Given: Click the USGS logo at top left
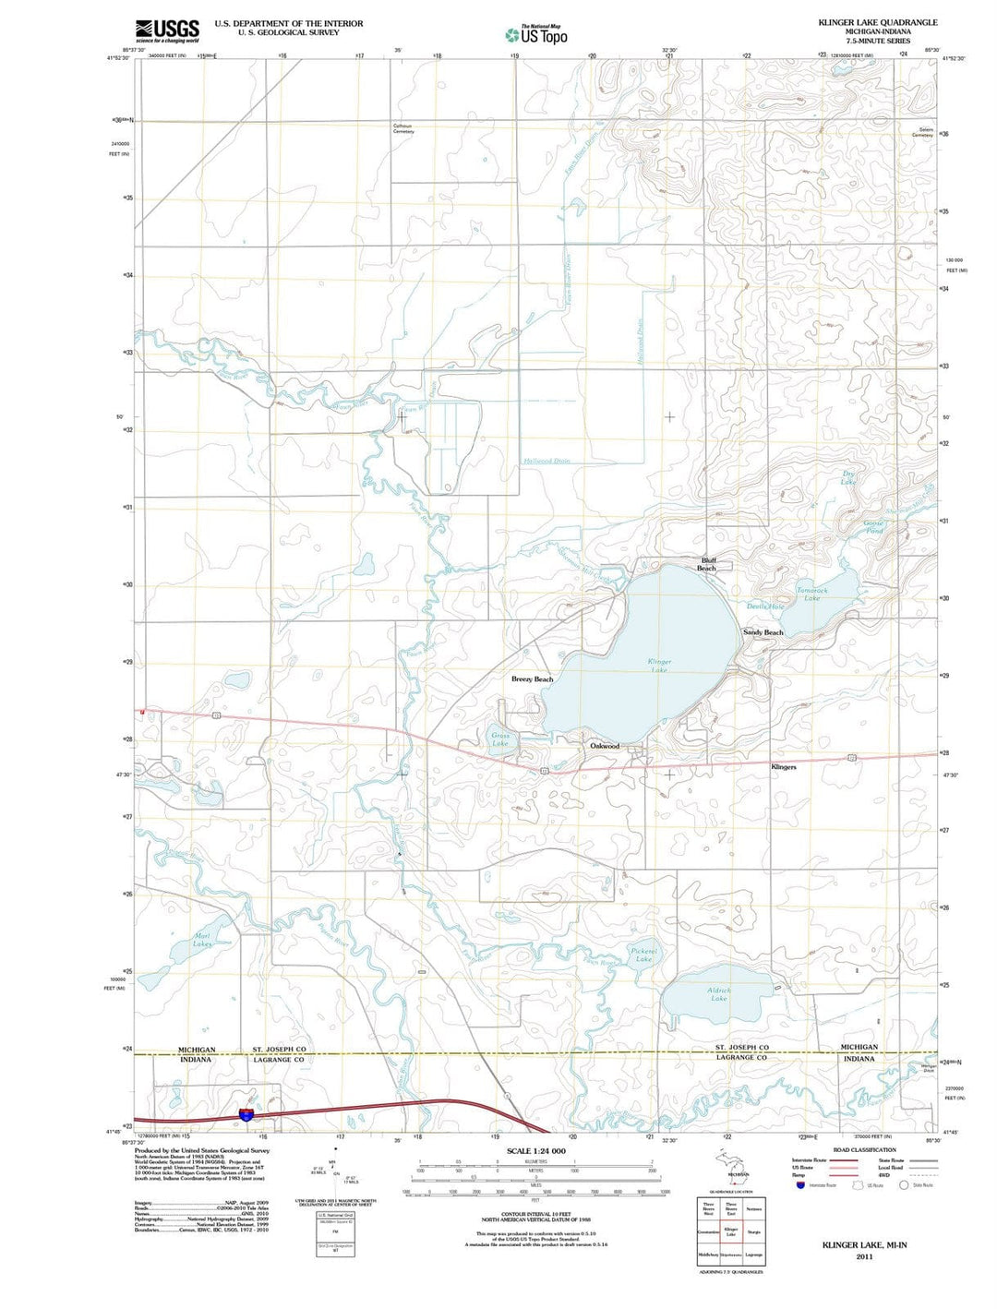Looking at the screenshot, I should [167, 30].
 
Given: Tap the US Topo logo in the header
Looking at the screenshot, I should [536, 35].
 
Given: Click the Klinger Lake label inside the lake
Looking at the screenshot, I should [659, 666].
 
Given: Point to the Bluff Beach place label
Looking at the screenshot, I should [708, 564].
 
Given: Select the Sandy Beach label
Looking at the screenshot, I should [763, 632].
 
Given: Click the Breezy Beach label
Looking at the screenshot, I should [532, 679].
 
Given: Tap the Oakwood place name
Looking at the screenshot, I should [605, 746].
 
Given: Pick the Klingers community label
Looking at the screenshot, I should [784, 767].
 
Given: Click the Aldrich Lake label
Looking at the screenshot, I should [719, 994].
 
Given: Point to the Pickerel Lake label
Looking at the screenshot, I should [643, 954].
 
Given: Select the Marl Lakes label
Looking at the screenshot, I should [203, 940].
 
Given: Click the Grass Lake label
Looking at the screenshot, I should [499, 739].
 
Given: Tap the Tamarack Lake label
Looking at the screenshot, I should [812, 594].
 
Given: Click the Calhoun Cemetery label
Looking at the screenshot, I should [403, 128].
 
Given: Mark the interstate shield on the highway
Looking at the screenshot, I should [246, 1114].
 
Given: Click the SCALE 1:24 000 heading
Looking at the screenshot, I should [535, 1151].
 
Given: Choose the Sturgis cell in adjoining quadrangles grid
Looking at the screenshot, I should [754, 1231].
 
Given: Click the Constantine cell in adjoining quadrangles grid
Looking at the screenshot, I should [708, 1231].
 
